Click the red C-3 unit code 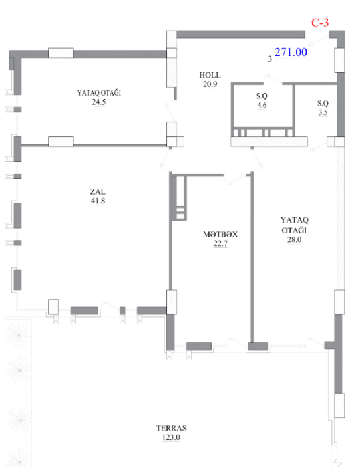coord(320,23)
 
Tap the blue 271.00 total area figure coord(291,52)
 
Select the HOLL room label coord(210,75)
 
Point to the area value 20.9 coord(210,84)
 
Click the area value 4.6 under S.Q coord(262,105)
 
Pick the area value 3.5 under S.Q coord(323,112)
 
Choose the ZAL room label coord(98,192)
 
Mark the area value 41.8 coord(98,201)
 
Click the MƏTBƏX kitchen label coord(220,235)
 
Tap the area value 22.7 coord(220,243)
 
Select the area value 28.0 coord(294,239)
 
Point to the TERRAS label coord(171,428)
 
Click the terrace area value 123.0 coord(171,437)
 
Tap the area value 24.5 coord(99,102)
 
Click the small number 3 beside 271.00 coord(270,59)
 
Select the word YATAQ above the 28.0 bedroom coord(294,220)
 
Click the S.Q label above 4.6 coord(262,96)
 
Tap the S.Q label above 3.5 coord(323,104)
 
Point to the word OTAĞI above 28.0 coord(294,230)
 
